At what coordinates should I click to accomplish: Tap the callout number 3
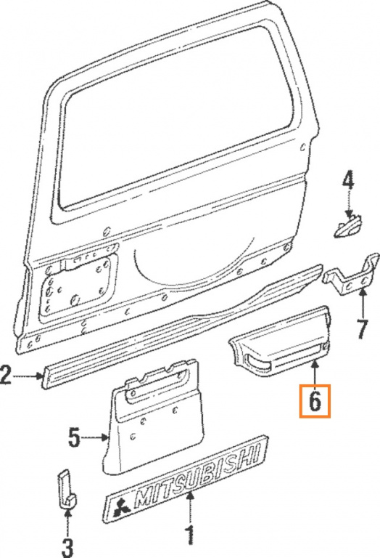pyautogui.click(x=67, y=545)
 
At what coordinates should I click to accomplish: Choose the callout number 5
pyautogui.click(x=74, y=437)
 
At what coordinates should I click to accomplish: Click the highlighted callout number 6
pyautogui.click(x=315, y=401)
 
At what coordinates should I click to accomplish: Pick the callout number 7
pyautogui.click(x=362, y=328)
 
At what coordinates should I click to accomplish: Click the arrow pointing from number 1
pyautogui.click(x=191, y=505)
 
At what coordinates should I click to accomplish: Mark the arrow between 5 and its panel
pyautogui.click(x=96, y=437)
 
